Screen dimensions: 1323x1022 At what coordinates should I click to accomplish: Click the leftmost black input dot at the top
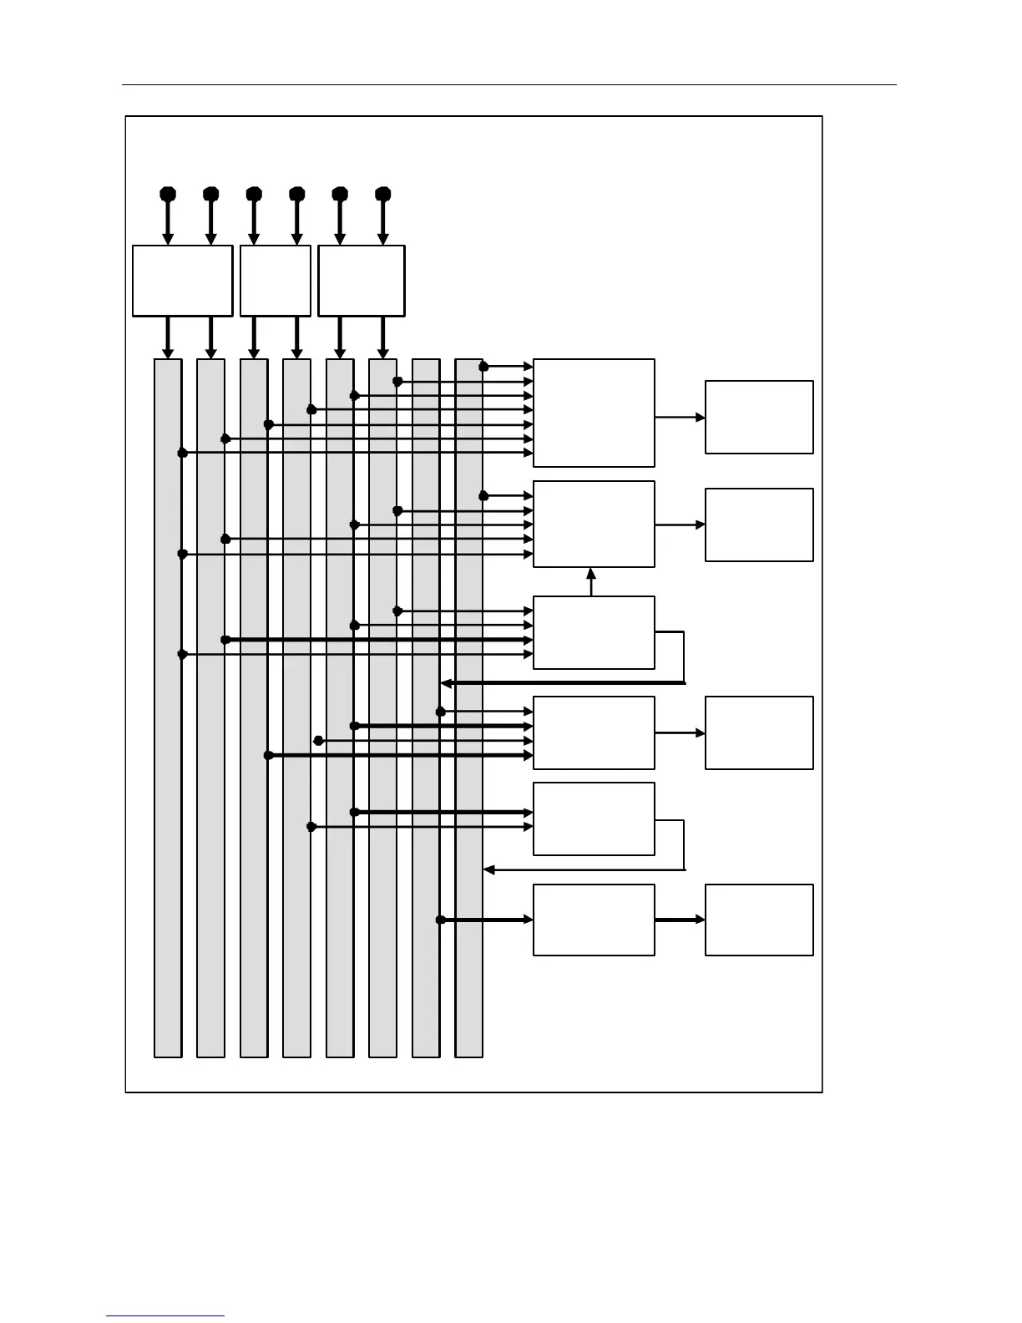(x=168, y=194)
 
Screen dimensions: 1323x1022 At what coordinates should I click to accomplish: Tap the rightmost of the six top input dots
(x=382, y=194)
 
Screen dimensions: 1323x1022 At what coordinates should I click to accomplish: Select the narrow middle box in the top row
(x=276, y=281)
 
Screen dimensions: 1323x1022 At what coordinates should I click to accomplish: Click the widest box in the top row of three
(x=182, y=281)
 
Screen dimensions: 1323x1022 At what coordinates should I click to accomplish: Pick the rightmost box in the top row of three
(x=362, y=281)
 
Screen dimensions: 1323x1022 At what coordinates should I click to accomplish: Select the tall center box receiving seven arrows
(x=594, y=413)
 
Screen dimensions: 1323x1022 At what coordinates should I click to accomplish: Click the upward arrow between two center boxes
(x=591, y=581)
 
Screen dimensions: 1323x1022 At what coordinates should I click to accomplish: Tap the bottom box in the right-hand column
(x=759, y=920)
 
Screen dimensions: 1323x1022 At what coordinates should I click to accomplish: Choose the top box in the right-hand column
(x=759, y=417)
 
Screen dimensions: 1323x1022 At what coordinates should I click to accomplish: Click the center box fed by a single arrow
(x=594, y=920)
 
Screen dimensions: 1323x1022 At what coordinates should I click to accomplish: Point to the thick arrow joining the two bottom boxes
(x=680, y=920)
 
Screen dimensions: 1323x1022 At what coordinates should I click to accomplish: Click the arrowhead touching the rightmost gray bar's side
(x=488, y=870)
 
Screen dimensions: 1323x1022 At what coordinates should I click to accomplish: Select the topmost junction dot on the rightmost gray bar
(x=483, y=366)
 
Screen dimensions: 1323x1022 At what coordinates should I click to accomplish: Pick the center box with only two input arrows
(x=594, y=819)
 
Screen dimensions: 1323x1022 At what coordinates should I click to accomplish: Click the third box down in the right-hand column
(x=759, y=732)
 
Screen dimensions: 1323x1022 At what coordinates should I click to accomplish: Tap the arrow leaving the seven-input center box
(x=680, y=417)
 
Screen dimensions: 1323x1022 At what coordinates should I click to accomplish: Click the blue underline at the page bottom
(x=165, y=1316)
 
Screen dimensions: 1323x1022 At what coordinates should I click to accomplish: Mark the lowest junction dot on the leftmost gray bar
(x=182, y=655)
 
